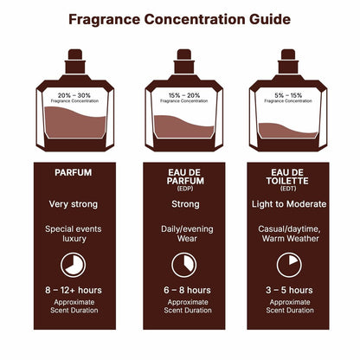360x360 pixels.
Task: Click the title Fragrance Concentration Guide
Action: pyautogui.click(x=179, y=19)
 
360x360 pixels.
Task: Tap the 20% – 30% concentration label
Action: pyautogui.click(x=73, y=94)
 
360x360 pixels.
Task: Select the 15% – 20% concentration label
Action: pyautogui.click(x=179, y=94)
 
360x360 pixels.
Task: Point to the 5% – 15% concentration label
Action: pyautogui.click(x=286, y=94)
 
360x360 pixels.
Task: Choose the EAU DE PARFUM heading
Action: pyautogui.click(x=179, y=178)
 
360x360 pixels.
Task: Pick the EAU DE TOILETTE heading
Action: pyautogui.click(x=286, y=178)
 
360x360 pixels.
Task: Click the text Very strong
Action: pyautogui.click(x=73, y=204)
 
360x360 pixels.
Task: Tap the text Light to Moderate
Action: pyautogui.click(x=286, y=204)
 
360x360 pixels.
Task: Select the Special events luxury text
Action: pyautogui.click(x=73, y=235)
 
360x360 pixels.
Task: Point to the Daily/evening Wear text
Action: pyautogui.click(x=179, y=235)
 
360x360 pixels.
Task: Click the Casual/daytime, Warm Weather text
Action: pyautogui.click(x=286, y=235)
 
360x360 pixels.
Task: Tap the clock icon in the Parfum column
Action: pyautogui.click(x=73, y=265)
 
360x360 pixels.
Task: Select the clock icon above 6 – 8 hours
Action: pyautogui.click(x=179, y=265)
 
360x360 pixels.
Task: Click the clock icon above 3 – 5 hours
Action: pyautogui.click(x=286, y=265)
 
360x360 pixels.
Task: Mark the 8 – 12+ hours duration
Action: pyautogui.click(x=73, y=291)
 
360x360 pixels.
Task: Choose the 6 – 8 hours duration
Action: pyautogui.click(x=179, y=291)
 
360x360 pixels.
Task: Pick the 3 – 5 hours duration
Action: pyautogui.click(x=286, y=291)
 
